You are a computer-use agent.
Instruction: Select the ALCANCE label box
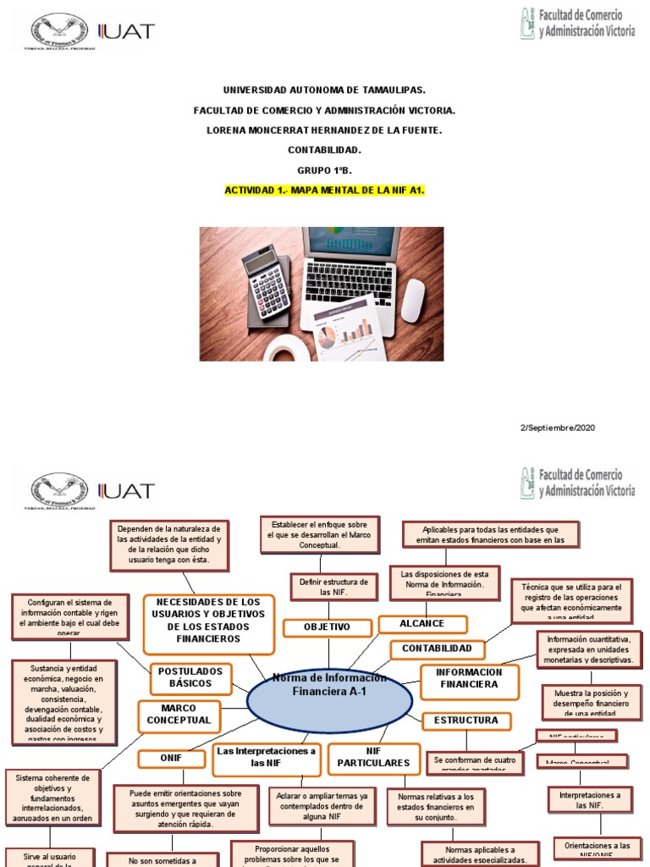coord(422,624)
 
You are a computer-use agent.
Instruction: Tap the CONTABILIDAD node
coord(438,649)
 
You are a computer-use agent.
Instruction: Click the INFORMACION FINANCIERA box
coord(469,680)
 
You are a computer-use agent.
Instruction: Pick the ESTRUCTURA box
coord(466,721)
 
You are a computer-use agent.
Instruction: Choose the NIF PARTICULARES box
coord(372,758)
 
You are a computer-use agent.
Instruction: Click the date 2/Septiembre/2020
coord(557,428)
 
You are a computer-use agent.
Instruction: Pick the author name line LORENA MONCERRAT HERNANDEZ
coord(324,130)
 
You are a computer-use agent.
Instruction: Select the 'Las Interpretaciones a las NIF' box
coord(266,756)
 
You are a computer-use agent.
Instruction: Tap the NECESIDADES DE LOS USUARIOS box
coord(208,620)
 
